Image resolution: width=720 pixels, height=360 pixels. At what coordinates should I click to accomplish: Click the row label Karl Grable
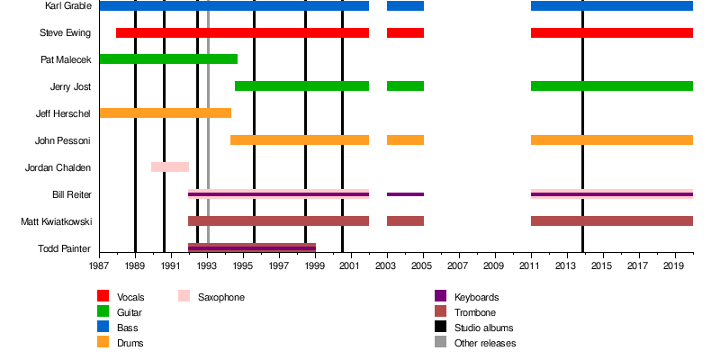click(x=67, y=6)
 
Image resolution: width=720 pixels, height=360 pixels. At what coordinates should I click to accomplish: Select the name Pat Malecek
click(x=66, y=60)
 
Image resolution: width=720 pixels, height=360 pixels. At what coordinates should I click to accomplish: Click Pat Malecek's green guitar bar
click(x=168, y=59)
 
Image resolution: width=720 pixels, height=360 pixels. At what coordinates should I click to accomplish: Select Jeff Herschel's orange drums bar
click(x=165, y=113)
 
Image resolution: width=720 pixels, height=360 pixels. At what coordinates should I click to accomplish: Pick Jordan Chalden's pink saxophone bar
click(x=170, y=167)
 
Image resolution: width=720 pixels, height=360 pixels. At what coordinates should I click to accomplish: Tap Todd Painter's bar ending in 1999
click(x=252, y=247)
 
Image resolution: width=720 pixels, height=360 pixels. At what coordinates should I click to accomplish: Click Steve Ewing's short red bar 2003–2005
click(x=405, y=33)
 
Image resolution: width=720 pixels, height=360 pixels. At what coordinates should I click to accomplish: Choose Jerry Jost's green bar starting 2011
click(x=612, y=86)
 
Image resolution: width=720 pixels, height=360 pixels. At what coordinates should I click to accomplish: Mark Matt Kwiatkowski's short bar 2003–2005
click(x=405, y=221)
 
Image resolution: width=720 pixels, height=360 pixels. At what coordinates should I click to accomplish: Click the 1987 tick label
click(x=99, y=266)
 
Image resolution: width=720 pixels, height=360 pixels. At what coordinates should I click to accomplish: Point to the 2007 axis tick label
click(x=459, y=266)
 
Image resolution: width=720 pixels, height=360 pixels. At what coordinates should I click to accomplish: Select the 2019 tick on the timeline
click(x=675, y=266)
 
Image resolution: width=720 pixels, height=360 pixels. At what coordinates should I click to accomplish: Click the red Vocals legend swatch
click(x=103, y=296)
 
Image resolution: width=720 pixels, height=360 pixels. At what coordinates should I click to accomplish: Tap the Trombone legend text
click(x=475, y=312)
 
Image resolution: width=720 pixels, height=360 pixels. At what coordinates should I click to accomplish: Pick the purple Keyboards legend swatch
click(x=441, y=296)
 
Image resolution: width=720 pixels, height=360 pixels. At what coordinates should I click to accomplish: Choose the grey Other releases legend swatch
click(x=441, y=343)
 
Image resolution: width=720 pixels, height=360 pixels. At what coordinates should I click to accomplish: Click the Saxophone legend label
click(x=221, y=297)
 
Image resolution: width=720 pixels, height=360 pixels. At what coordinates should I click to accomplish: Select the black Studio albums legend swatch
click(x=441, y=328)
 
